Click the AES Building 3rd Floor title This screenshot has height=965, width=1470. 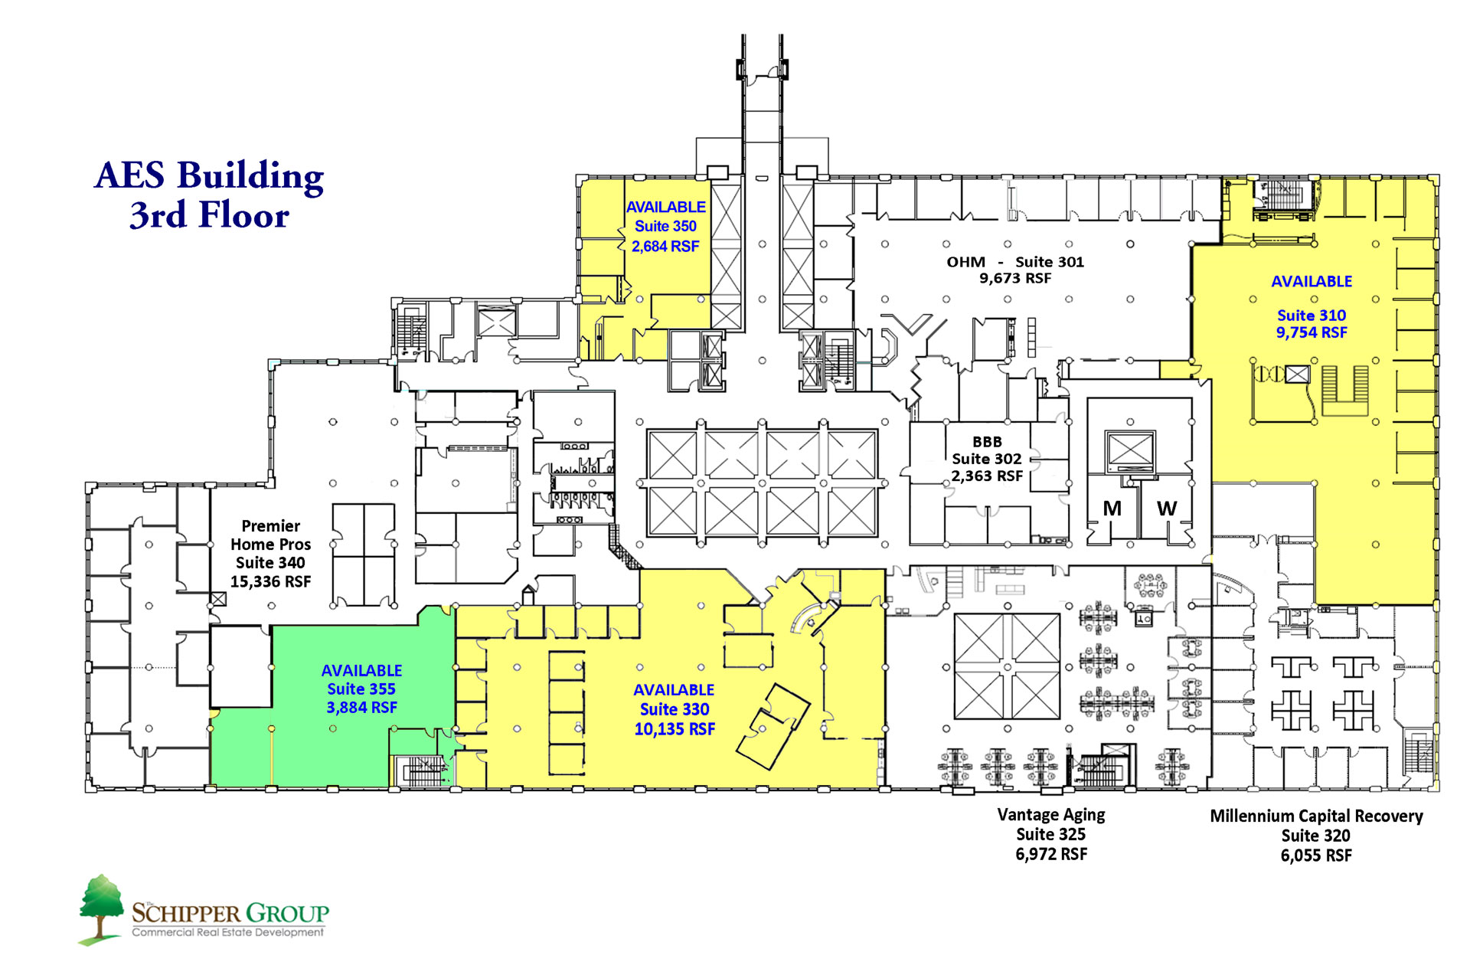(209, 195)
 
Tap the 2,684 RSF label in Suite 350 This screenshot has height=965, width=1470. (665, 246)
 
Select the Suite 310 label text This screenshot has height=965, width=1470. (1312, 315)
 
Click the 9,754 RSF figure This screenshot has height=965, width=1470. (1312, 332)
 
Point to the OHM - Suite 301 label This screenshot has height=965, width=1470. (1015, 262)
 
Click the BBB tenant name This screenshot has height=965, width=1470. (987, 442)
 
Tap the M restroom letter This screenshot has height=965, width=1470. (1112, 509)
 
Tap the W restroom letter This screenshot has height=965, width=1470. (1167, 509)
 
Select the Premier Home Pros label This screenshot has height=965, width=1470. (271, 535)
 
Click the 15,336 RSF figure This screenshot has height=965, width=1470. (271, 581)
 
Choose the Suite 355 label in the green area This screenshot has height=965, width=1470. (361, 689)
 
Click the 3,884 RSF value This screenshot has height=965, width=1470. (361, 708)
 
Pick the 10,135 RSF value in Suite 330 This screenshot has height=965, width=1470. (675, 729)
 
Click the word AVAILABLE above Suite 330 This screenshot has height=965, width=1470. (674, 690)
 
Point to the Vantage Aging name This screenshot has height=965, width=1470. (1051, 815)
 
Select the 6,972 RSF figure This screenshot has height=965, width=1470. (1051, 854)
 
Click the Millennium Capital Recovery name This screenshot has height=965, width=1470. (1316, 816)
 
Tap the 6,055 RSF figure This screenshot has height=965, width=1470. (1316, 855)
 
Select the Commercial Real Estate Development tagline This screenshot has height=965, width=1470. (228, 932)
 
